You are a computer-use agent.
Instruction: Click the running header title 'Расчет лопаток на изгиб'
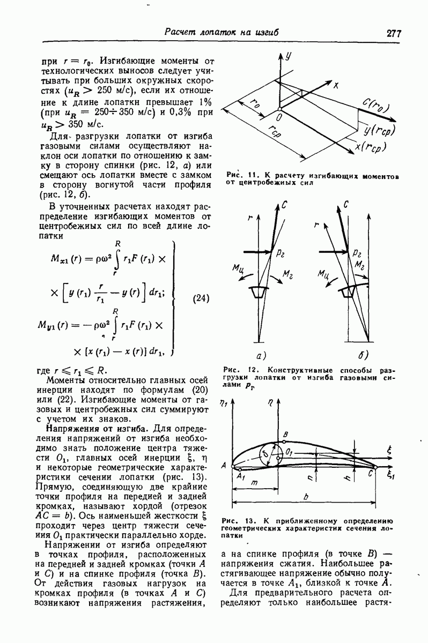(x=221, y=32)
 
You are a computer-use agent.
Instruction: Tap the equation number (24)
(x=200, y=298)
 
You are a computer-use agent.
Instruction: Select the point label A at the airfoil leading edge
(x=223, y=466)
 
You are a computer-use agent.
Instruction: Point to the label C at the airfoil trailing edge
(x=370, y=473)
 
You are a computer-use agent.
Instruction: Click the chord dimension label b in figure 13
(x=305, y=497)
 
